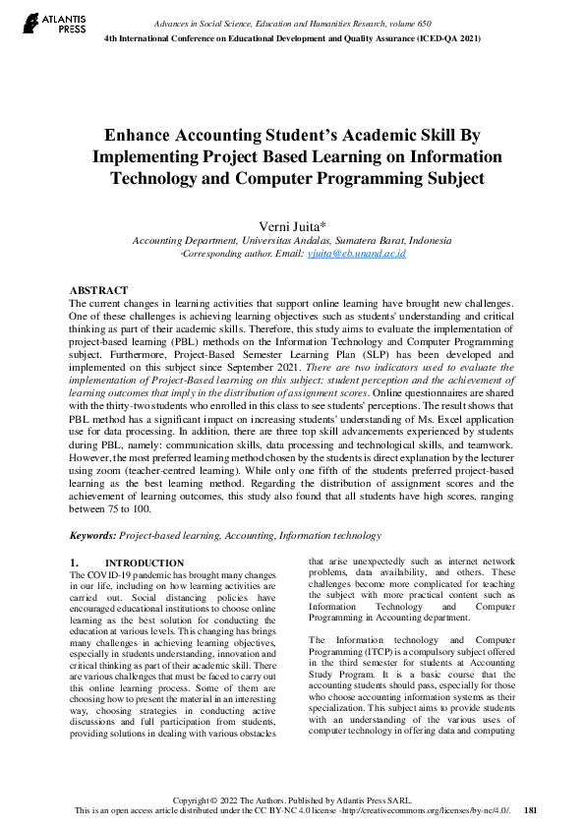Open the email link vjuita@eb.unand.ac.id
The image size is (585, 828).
click(x=356, y=254)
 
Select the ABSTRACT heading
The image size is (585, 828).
click(x=98, y=290)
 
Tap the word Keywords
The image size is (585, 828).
click(x=92, y=536)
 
